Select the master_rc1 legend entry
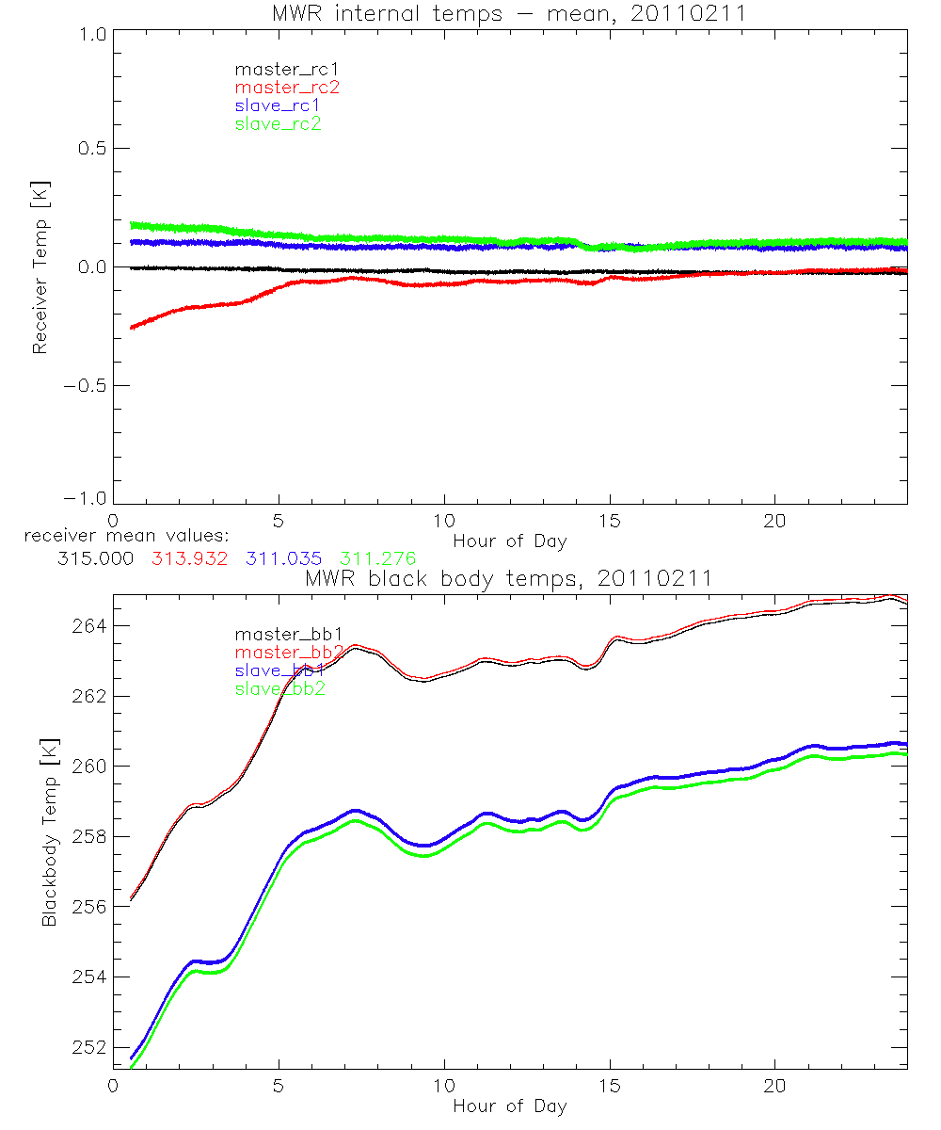click(x=278, y=69)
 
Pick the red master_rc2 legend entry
click(x=286, y=88)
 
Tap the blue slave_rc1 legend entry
click(x=278, y=105)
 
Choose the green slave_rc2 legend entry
click(x=278, y=123)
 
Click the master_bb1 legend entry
click(x=278, y=635)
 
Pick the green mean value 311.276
click(x=377, y=558)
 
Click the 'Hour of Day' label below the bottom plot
click(x=509, y=1106)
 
